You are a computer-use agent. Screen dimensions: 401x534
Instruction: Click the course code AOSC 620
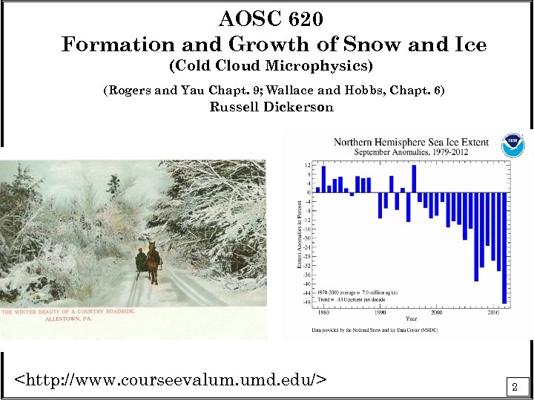271,18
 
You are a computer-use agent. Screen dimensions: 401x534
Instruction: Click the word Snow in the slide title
363,45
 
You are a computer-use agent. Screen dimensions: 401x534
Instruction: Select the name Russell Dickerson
271,107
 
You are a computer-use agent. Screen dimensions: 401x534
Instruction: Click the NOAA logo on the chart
512,145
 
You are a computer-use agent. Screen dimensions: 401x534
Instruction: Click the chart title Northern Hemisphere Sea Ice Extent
411,142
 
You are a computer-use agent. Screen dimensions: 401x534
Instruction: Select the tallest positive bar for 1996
414,178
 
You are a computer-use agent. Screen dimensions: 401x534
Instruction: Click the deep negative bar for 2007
476,237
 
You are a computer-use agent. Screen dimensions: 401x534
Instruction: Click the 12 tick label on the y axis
308,165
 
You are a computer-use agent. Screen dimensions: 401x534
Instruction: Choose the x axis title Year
410,319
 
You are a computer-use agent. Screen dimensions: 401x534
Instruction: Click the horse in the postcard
153,261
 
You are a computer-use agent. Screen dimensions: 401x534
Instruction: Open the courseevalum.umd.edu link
171,381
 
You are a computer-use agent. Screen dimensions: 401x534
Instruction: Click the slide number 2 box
515,386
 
